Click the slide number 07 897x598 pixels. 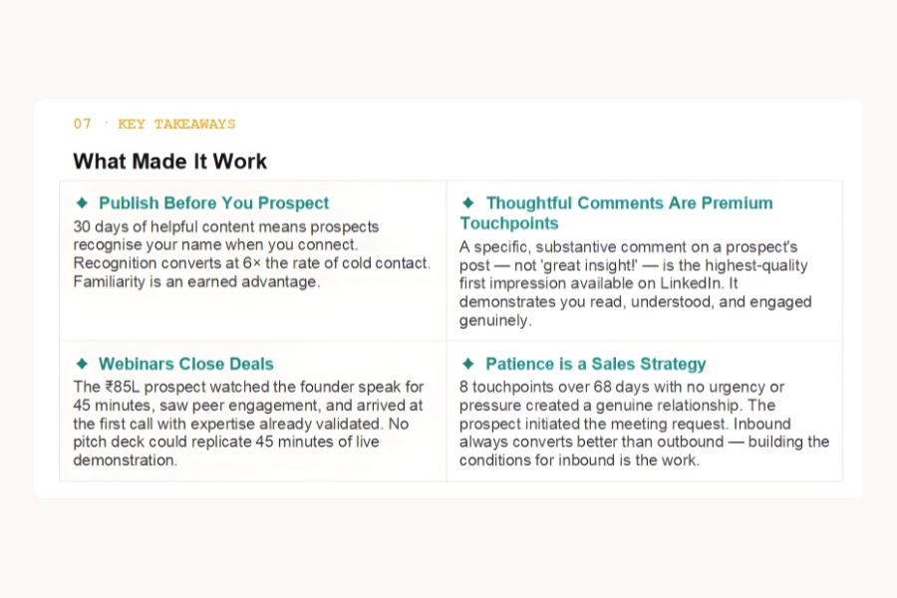click(83, 125)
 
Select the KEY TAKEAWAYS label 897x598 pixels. click(176, 125)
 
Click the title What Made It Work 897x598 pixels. click(170, 161)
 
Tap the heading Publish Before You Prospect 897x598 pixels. click(213, 203)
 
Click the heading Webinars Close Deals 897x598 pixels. click(185, 364)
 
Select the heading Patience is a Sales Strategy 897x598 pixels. click(595, 364)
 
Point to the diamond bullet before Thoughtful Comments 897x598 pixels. click(467, 203)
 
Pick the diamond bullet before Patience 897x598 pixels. click(467, 364)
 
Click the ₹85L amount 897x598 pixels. click(126, 387)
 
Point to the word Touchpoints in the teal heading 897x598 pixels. click(509, 223)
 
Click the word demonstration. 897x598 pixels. click(125, 460)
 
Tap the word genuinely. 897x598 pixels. click(495, 321)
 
